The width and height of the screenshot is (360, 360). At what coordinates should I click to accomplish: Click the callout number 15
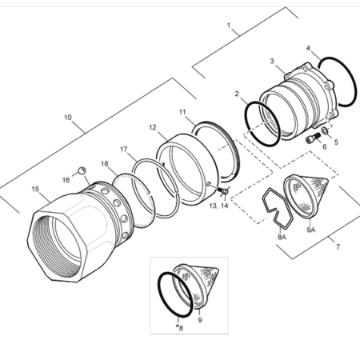click(35, 189)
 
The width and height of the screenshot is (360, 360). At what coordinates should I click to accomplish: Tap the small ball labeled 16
click(82, 170)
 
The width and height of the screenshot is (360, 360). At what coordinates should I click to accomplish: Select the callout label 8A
click(282, 237)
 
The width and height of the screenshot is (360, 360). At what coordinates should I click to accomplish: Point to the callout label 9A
click(310, 230)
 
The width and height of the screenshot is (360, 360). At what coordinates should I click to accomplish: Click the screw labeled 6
click(312, 139)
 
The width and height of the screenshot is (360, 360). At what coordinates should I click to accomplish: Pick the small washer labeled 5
click(325, 130)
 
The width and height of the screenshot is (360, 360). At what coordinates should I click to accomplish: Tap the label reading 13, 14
click(218, 206)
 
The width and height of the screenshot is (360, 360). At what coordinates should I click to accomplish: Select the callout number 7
click(338, 246)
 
